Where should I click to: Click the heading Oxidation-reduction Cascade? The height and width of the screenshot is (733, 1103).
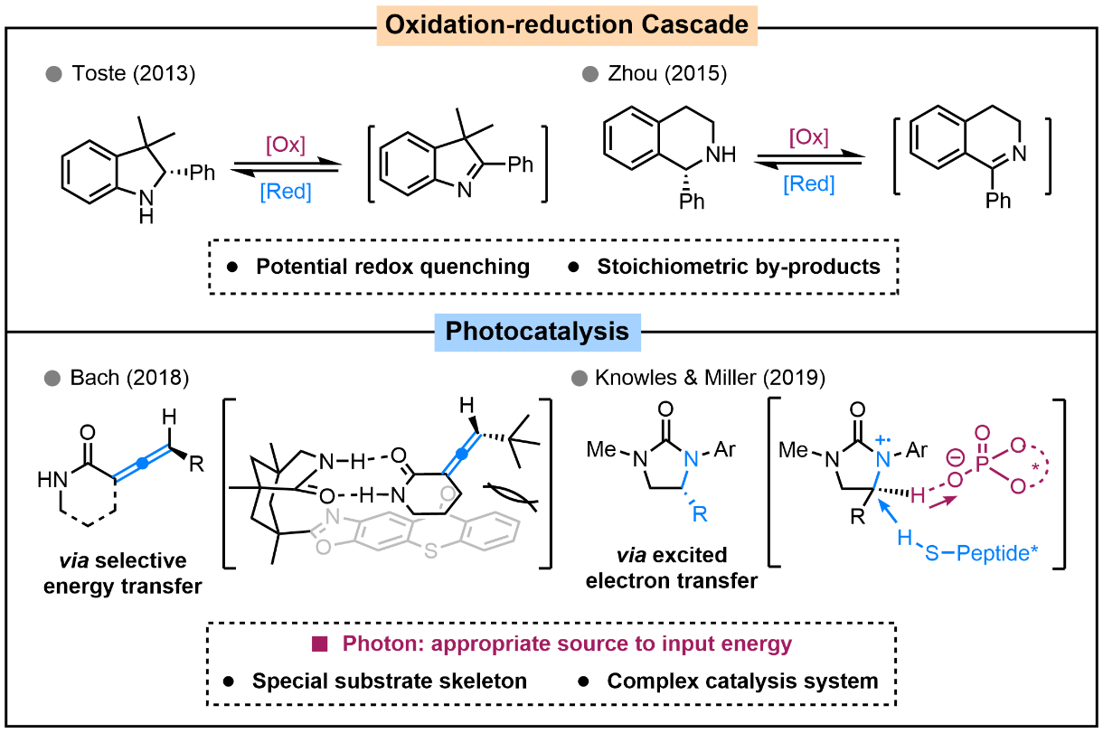(568, 24)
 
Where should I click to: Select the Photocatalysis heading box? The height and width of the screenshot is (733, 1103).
(537, 331)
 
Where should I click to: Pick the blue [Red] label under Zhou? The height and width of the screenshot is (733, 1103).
(808, 184)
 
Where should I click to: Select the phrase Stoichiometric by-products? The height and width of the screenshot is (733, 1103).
(739, 268)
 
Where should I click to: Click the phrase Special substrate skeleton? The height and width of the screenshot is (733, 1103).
(390, 681)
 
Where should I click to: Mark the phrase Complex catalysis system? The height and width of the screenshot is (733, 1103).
(742, 681)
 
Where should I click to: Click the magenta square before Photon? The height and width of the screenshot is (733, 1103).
(319, 644)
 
